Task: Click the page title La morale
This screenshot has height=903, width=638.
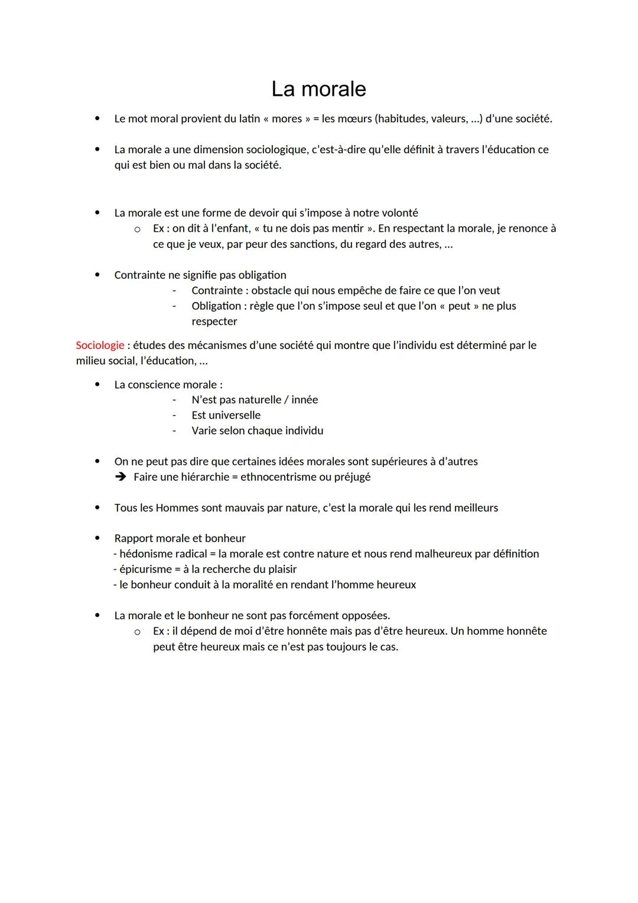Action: point(318,89)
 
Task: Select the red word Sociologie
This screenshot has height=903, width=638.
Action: point(100,345)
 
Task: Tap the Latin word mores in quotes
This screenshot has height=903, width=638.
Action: point(287,119)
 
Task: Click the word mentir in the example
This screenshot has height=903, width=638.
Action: point(347,228)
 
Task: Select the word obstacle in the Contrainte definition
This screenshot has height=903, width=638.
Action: point(274,290)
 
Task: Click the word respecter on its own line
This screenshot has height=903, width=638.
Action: point(214,322)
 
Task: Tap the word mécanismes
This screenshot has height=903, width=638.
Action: point(206,345)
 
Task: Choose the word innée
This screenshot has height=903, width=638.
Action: point(304,400)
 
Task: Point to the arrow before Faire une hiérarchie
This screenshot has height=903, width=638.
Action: point(121,477)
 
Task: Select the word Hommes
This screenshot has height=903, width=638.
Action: point(177,508)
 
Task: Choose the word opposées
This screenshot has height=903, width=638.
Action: point(365,616)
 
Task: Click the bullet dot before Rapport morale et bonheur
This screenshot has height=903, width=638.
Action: point(97,539)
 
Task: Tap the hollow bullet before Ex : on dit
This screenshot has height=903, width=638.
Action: point(137,229)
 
